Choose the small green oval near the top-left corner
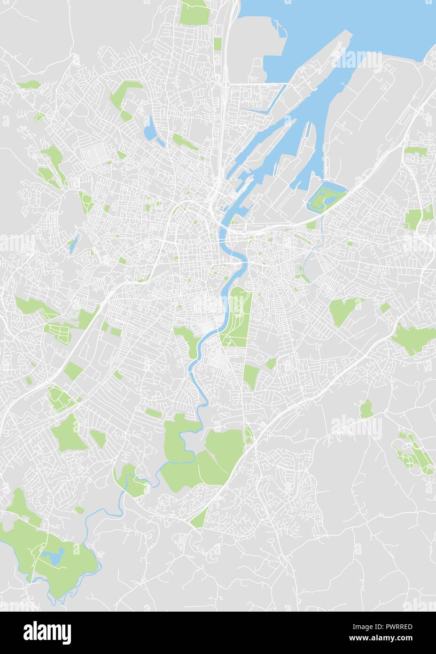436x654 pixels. point(29,85)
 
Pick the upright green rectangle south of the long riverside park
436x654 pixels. point(251,377)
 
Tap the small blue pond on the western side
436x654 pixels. point(71,245)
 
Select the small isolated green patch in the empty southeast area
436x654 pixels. point(366,409)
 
